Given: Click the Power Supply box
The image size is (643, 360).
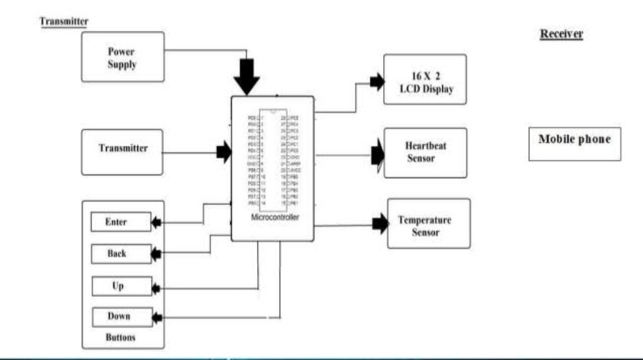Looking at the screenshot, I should (122, 57).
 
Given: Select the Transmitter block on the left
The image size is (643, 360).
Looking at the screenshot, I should (122, 149).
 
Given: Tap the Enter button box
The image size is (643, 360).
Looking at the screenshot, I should (120, 222).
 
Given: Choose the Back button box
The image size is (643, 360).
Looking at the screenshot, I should (120, 254).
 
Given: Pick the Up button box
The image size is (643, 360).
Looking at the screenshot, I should (120, 286).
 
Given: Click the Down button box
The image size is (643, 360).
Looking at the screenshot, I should (120, 317).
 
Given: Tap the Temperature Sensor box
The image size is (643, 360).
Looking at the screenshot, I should (428, 225).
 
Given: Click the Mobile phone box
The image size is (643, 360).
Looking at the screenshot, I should (574, 140).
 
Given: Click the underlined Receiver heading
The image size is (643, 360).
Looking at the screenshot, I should (562, 34).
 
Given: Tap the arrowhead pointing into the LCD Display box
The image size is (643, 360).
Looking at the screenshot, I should (375, 81).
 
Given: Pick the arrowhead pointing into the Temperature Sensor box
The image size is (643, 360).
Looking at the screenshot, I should (380, 226).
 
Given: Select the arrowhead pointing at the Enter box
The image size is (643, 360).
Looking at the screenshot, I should (156, 222).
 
